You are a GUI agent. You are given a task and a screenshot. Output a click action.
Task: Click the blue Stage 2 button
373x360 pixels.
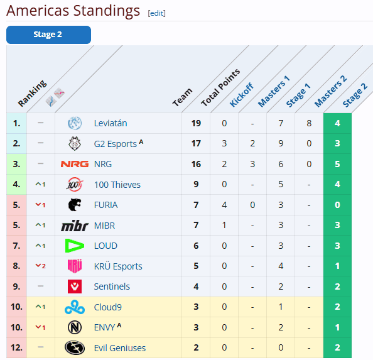click(x=48, y=35)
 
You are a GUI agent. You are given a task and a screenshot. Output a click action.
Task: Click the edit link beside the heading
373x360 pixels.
click(x=156, y=13)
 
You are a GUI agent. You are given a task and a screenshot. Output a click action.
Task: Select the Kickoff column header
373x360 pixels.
click(x=242, y=95)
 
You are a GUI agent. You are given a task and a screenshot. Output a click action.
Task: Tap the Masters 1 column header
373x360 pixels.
click(x=274, y=91)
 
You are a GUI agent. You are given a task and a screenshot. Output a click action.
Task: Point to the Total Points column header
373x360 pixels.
click(x=220, y=87)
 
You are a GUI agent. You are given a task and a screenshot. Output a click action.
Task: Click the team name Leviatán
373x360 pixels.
click(x=111, y=123)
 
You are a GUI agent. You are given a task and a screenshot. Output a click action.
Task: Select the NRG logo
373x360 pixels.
click(x=75, y=164)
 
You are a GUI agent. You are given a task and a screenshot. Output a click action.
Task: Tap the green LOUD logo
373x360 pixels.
click(x=75, y=246)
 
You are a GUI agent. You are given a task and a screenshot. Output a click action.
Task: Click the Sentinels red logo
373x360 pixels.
click(x=75, y=286)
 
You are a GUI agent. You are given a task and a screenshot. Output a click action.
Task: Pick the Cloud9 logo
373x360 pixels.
click(x=75, y=307)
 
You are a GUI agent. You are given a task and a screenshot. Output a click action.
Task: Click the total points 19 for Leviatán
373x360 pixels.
click(x=196, y=123)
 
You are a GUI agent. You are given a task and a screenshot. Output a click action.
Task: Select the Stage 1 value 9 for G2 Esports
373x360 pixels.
click(x=281, y=143)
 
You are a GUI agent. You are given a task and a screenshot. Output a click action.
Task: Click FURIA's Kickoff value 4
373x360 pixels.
click(x=224, y=205)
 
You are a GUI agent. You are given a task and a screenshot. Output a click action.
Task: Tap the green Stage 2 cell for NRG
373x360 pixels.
click(x=337, y=164)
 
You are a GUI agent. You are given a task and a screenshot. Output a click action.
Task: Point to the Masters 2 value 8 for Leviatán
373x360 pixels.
click(x=309, y=123)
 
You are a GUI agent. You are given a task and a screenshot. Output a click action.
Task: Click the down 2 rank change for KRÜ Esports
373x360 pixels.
click(x=40, y=266)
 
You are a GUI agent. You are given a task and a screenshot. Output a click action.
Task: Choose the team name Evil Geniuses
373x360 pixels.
click(x=120, y=348)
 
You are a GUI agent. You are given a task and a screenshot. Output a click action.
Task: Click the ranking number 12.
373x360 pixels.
click(x=16, y=347)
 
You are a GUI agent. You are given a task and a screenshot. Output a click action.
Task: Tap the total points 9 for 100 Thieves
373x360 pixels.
click(x=196, y=184)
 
